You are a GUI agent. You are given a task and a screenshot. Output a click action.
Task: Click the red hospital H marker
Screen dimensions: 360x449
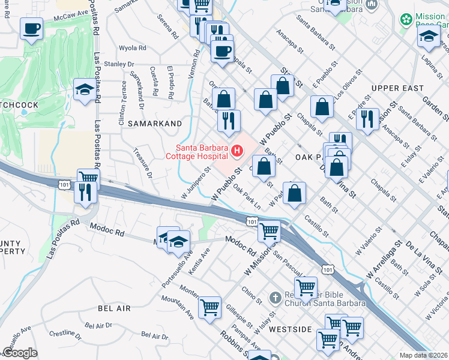(238, 151)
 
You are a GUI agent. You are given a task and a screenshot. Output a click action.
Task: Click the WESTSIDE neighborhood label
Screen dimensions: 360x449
(291, 329)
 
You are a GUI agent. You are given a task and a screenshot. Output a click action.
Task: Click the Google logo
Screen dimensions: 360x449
(20, 353)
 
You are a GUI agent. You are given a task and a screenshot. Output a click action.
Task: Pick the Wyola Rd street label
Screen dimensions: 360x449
(133, 48)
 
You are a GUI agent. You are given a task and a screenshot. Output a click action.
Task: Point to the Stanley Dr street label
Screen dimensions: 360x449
(118, 64)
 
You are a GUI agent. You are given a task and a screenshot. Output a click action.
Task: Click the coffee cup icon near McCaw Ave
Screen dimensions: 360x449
(31, 28)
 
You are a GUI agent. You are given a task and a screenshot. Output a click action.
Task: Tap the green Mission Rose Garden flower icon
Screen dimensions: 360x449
(406, 20)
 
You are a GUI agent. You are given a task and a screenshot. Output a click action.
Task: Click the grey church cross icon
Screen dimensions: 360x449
(276, 297)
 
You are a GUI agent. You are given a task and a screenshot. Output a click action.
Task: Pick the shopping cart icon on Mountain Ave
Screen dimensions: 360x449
(209, 307)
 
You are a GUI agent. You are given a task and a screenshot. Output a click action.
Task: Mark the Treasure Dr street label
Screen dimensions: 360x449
(143, 163)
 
